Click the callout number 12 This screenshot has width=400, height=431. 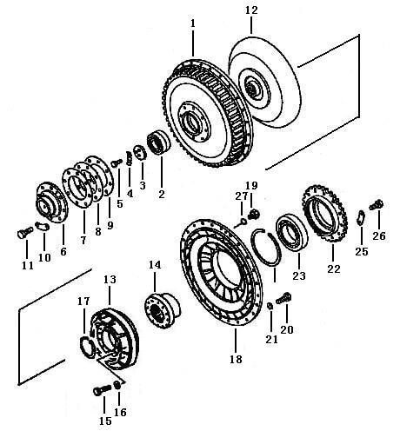[x=251, y=10]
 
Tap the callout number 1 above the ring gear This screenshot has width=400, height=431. [x=193, y=23]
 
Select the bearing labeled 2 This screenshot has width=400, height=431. [x=158, y=143]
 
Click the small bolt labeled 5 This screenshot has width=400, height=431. [x=117, y=163]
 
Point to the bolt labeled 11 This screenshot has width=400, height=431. [x=23, y=233]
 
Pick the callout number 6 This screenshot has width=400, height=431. [x=63, y=251]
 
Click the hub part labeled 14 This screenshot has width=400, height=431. [x=163, y=311]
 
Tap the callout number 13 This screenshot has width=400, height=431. [x=110, y=280]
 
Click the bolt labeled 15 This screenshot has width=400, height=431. [x=103, y=390]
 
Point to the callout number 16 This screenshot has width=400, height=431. [x=120, y=412]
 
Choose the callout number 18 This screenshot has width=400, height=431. [x=236, y=360]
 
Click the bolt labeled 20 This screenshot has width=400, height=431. [x=283, y=299]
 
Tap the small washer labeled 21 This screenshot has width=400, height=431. [x=270, y=306]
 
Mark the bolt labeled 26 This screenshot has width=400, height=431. [x=377, y=205]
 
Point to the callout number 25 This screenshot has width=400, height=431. [x=362, y=251]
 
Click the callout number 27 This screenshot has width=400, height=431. [x=242, y=196]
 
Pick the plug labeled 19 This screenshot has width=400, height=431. [x=254, y=214]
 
